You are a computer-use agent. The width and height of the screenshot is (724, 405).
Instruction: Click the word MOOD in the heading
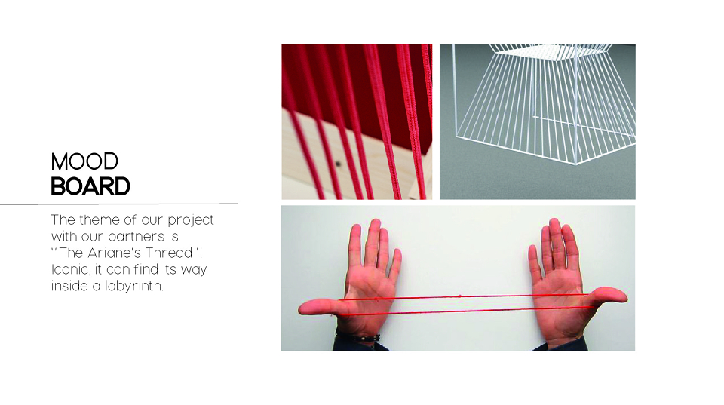[x=84, y=161]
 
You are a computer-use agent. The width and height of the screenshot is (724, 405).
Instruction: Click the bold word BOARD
[x=90, y=186]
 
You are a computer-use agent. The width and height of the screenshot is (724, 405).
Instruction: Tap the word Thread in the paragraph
[x=169, y=253]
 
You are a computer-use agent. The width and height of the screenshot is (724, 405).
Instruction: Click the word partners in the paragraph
[x=137, y=237]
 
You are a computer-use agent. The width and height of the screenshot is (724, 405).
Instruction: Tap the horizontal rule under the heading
[x=118, y=204]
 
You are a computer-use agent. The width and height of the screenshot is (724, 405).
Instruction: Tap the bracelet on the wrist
[x=357, y=337]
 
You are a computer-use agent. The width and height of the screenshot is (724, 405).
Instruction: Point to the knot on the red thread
[x=459, y=295]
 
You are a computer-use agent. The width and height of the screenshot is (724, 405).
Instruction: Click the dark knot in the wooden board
[x=338, y=164]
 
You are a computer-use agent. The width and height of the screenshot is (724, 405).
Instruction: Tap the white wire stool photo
[x=538, y=122]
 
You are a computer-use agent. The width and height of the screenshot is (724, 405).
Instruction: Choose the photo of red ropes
[x=357, y=122]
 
